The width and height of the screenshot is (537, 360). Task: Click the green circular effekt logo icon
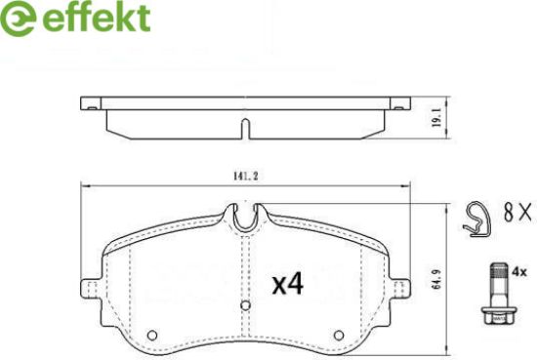[x=18, y=18]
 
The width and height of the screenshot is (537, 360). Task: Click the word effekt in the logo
[x=97, y=17]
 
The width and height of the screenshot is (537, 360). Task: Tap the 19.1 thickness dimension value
[x=436, y=118]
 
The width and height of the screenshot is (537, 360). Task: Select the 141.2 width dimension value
[x=245, y=177]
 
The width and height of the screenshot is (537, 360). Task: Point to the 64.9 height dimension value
[x=437, y=279]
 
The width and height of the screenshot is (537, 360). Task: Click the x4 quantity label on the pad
[x=288, y=285]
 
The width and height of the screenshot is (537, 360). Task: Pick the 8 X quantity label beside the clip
[x=517, y=212]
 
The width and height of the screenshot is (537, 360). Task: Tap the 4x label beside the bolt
[x=519, y=272]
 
